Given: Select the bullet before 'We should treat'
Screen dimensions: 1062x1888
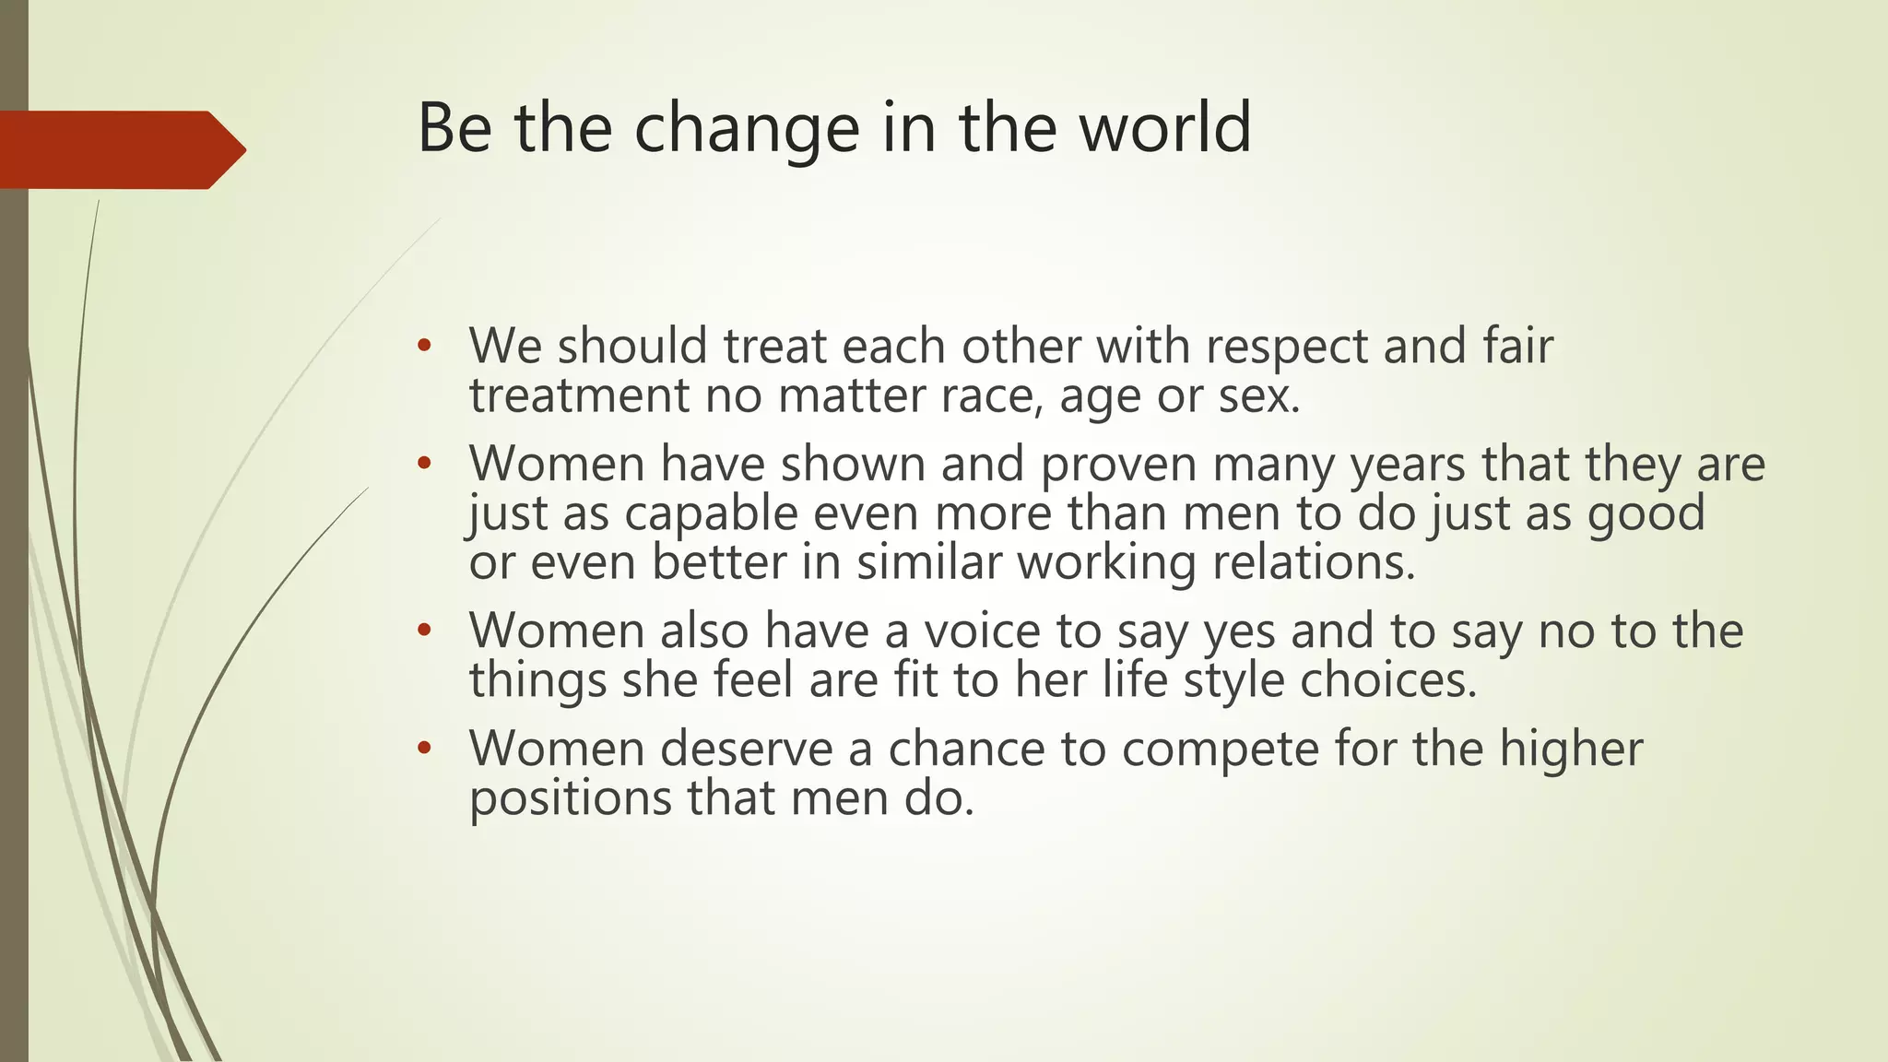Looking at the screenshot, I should (423, 347).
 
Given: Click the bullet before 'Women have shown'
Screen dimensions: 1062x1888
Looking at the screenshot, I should (423, 464).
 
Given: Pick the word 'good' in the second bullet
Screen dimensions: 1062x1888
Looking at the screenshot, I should (1646, 513).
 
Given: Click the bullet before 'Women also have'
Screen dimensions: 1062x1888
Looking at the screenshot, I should (423, 631).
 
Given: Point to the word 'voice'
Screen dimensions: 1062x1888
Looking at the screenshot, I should (983, 631).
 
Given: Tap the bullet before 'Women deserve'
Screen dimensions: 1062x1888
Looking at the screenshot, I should (423, 749).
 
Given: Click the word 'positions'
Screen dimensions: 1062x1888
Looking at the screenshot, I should (571, 798).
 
